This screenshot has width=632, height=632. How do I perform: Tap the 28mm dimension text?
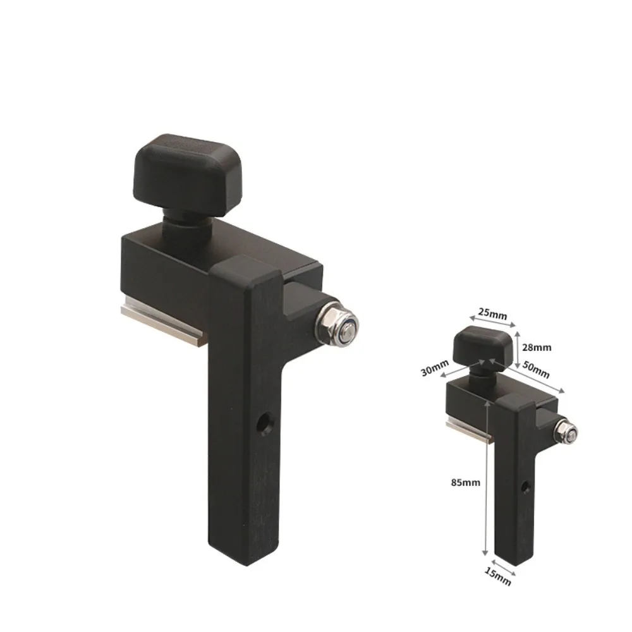pos(538,346)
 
